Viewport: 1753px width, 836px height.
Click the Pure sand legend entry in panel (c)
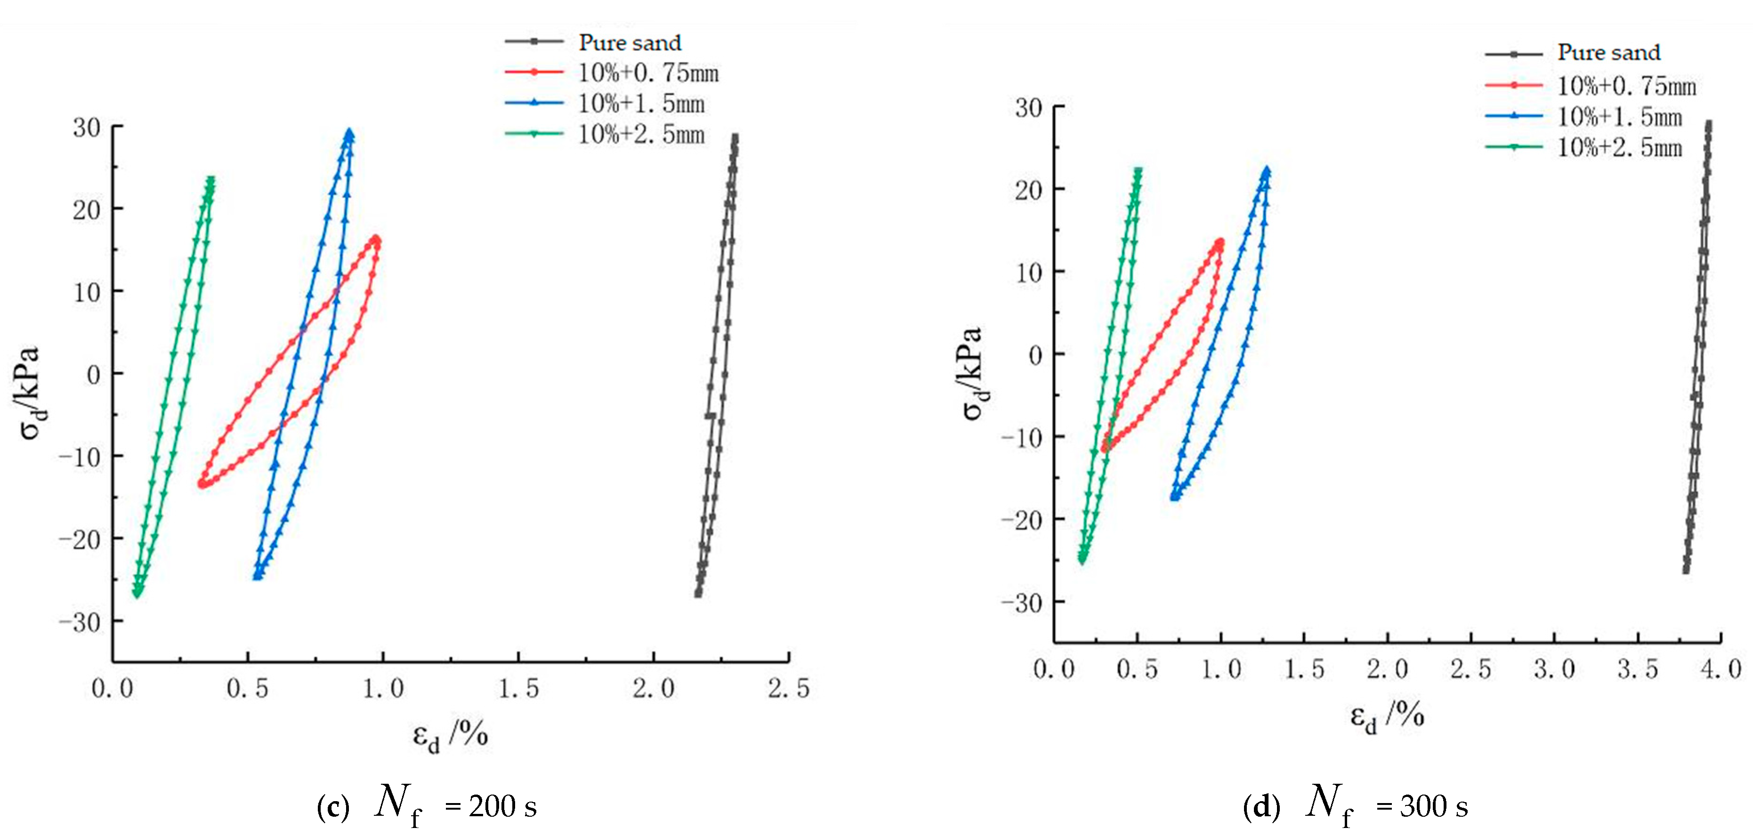click(630, 42)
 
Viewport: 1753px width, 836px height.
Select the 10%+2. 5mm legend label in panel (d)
click(1620, 148)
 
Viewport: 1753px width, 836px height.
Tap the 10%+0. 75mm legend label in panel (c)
click(648, 73)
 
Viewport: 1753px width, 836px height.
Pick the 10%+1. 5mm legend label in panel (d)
click(1620, 117)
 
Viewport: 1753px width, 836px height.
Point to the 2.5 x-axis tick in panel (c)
click(789, 688)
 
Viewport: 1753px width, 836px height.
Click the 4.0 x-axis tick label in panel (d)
click(1721, 669)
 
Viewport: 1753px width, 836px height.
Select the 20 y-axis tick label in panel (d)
click(1028, 190)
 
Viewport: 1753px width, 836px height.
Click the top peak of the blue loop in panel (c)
click(349, 132)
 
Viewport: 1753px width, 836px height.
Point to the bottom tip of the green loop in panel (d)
click(1082, 560)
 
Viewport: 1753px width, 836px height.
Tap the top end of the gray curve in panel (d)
click(1709, 124)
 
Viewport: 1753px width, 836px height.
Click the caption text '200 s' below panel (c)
click(503, 807)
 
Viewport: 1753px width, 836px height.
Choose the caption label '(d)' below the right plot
click(1262, 807)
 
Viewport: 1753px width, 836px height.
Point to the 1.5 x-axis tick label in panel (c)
click(518, 688)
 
